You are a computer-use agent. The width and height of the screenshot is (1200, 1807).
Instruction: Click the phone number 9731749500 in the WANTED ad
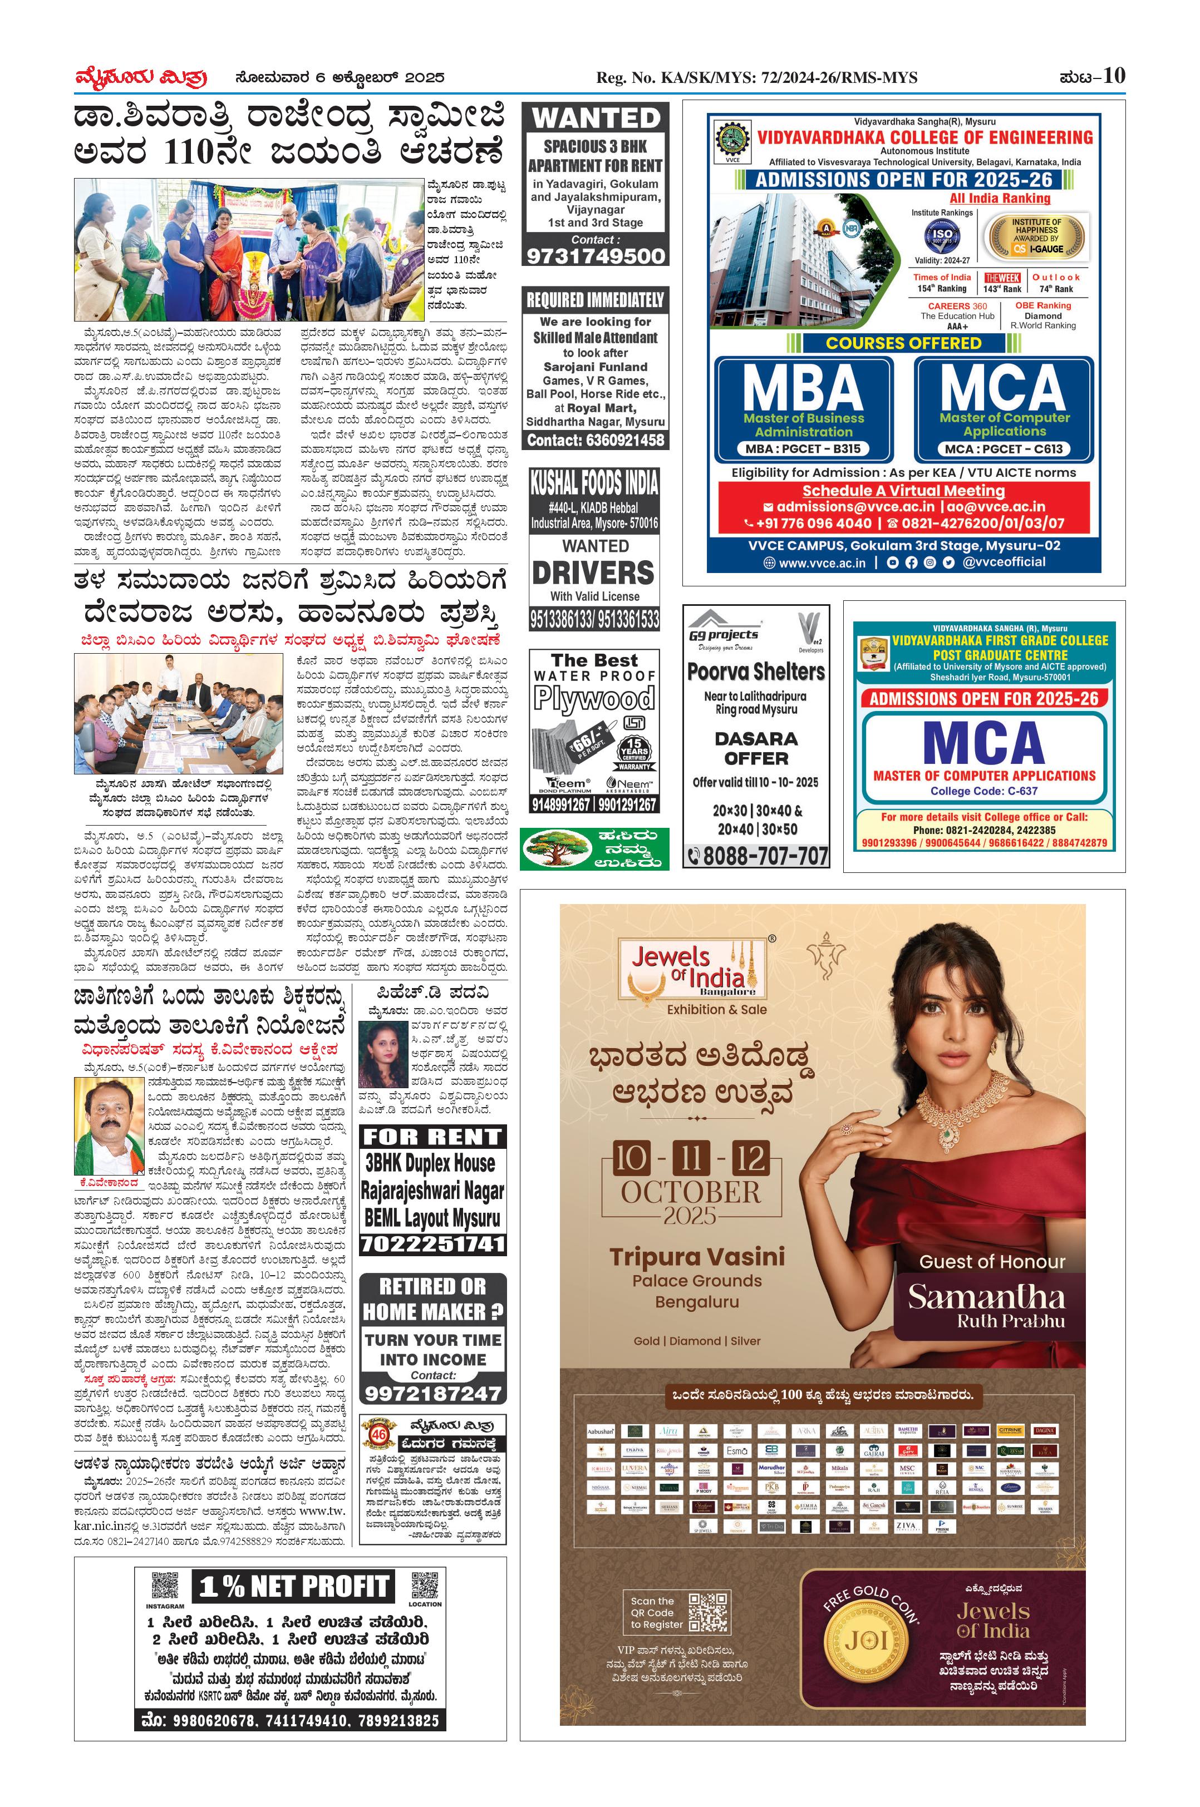click(596, 255)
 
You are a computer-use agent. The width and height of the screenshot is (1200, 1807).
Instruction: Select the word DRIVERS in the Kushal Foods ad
click(593, 573)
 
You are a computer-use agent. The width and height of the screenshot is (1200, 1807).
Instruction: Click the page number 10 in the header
click(1114, 76)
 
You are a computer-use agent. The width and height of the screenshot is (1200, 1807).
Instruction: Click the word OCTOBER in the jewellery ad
click(690, 1192)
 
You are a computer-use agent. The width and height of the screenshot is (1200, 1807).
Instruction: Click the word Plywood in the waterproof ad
click(594, 698)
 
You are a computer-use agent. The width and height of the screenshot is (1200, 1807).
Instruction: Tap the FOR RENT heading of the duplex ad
click(432, 1138)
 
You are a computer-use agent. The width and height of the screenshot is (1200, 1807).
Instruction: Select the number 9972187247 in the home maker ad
click(432, 1393)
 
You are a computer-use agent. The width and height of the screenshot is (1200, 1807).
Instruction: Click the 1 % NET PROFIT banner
click(294, 1587)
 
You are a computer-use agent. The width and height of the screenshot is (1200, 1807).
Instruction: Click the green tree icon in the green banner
click(555, 848)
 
